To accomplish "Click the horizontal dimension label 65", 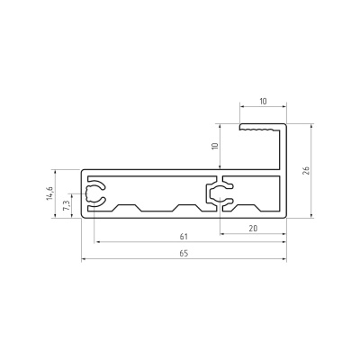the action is pos(184,254).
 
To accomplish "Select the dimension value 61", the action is pos(184,237).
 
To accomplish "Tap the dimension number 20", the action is pos(253,229).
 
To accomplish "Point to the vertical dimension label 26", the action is pos(306,170).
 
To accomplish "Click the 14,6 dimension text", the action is pos(49,193).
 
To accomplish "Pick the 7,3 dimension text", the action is pos(67,206).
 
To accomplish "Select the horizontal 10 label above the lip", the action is pos(263,101).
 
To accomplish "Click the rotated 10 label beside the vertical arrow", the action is pos(215,146).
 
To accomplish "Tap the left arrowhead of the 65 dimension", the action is pos(84,258).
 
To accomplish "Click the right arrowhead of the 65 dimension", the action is pos(283,258).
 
